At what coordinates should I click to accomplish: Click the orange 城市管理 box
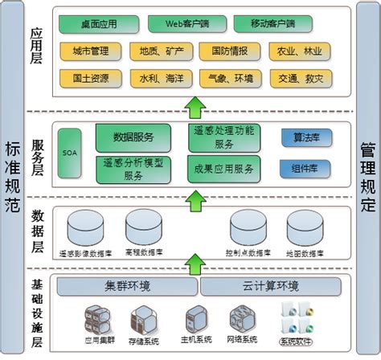[x=90, y=51]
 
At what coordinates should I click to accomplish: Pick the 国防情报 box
[x=233, y=51]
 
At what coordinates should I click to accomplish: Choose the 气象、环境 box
[x=233, y=78]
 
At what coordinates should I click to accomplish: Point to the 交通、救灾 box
[x=305, y=78]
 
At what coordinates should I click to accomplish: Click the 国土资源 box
[x=90, y=78]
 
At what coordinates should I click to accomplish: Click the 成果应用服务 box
[x=223, y=168]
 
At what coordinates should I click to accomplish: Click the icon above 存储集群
[x=146, y=318]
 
